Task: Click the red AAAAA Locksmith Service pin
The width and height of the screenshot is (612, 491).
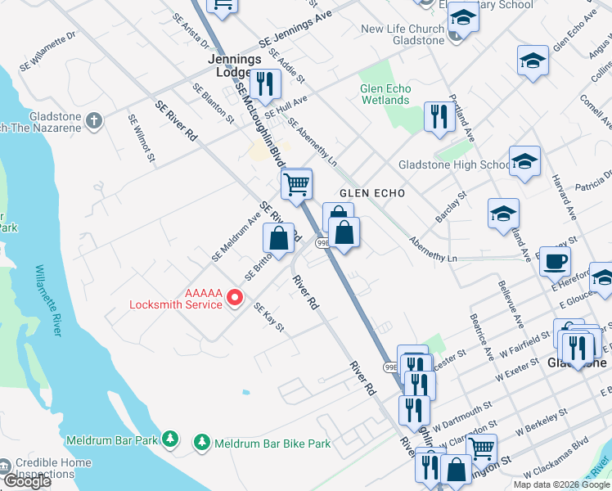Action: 234,297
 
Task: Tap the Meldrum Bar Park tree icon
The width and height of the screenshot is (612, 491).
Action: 169,440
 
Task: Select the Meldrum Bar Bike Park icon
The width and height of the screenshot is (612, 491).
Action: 202,443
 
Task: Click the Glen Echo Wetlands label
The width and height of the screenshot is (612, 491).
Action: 385,94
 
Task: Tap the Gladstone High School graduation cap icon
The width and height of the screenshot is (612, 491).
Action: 524,160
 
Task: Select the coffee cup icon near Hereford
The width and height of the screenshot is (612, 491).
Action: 555,261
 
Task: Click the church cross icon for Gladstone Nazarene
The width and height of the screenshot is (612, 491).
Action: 94,121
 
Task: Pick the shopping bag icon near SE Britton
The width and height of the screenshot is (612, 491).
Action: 278,238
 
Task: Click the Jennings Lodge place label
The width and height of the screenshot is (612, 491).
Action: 235,65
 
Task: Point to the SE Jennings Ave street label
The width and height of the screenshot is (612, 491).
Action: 295,29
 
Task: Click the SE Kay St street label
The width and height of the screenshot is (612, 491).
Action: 269,318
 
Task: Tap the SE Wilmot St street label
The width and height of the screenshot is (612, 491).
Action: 142,137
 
